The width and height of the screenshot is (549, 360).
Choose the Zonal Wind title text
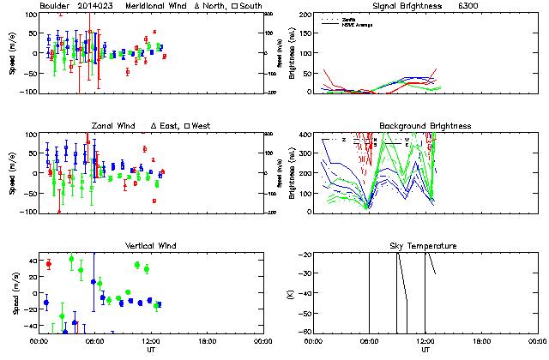[116, 126]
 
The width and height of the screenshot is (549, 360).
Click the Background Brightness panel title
[425, 126]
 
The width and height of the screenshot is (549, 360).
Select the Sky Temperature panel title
[425, 246]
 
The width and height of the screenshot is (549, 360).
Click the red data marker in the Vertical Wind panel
[48, 264]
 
